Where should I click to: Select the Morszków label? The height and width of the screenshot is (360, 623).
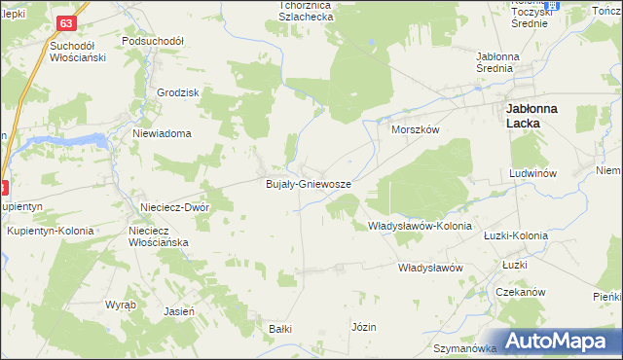click(416, 129)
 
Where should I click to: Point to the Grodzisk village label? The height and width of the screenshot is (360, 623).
click(178, 92)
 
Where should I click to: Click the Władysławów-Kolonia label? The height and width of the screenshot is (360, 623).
click(420, 226)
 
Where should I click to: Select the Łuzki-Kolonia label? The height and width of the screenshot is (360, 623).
click(516, 235)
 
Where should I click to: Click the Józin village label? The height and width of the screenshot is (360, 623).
click(364, 327)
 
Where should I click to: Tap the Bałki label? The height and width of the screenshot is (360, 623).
click(280, 329)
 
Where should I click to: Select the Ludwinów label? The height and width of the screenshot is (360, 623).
click(531, 173)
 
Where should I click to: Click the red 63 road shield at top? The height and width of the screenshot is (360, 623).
click(65, 22)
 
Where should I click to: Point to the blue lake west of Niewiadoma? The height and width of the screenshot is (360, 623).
click(68, 142)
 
